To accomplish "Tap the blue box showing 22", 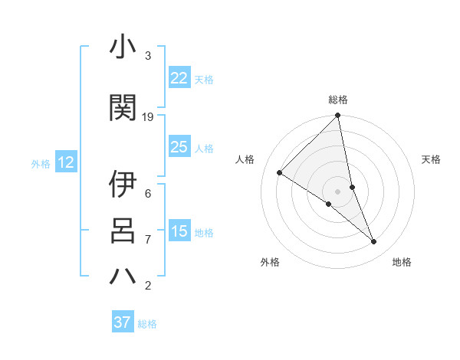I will tap(179, 78).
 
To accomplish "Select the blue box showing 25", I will tap(179, 147).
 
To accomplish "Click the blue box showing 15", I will tap(179, 231).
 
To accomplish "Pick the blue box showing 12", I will tap(65, 162).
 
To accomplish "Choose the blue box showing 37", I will tap(123, 322).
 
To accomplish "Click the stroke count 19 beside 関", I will tap(148, 116).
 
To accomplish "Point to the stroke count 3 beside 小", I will tap(148, 56).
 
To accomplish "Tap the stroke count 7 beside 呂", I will tap(148, 240).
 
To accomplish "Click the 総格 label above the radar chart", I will tap(337, 100).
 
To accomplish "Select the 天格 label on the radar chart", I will tap(431, 159).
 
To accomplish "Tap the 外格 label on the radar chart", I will tap(270, 262).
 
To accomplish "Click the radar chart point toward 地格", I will tap(374, 242).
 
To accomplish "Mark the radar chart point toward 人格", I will tap(280, 172).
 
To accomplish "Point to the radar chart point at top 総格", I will tap(337, 116).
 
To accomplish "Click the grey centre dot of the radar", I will tap(337, 191).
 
